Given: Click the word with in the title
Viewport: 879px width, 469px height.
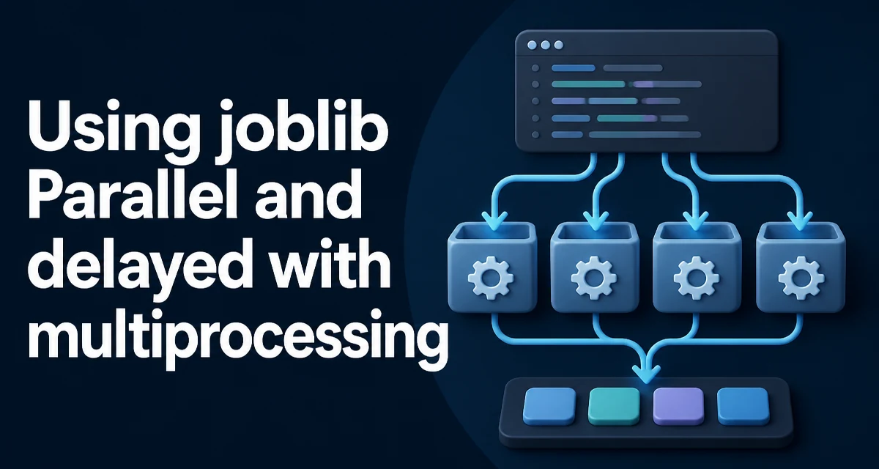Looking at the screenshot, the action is [x=330, y=261].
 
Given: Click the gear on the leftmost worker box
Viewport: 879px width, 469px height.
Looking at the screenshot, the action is [x=491, y=278].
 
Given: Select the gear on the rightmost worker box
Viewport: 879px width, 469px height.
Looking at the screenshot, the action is [x=801, y=278].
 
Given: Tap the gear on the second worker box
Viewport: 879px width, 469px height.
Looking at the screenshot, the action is [x=594, y=278].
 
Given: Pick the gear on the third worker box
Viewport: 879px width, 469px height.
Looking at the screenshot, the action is [x=697, y=278].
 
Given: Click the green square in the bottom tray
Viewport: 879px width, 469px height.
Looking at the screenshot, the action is [x=614, y=406].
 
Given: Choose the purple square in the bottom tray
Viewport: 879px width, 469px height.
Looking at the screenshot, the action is [x=678, y=406].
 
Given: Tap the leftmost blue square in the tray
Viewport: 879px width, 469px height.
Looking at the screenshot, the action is [x=549, y=406].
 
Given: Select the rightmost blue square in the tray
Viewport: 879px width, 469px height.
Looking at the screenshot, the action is [x=743, y=406].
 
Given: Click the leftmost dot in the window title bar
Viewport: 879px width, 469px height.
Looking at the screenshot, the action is [x=532, y=45].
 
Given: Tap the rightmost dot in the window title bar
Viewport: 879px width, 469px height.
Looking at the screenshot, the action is [x=558, y=45].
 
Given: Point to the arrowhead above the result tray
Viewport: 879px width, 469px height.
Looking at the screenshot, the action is [x=646, y=374].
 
